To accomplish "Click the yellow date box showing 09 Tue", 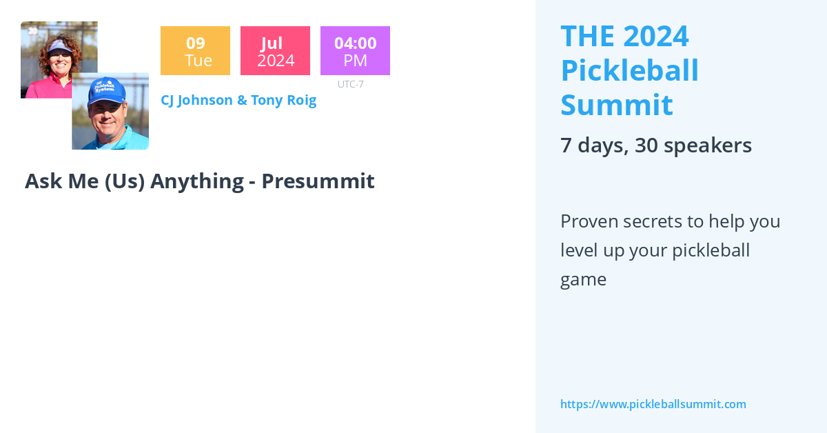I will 195,51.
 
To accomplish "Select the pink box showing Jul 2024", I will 275,51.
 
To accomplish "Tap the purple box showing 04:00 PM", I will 355,51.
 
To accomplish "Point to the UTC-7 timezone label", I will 350,84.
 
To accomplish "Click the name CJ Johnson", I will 196,100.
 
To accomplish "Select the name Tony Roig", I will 283,100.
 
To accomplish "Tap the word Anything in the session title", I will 197,181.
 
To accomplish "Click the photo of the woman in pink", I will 48,59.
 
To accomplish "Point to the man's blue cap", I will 106,90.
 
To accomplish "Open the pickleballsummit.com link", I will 653,405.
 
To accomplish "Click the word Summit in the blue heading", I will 616,105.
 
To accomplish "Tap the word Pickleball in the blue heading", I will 629,70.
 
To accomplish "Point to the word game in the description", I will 583,279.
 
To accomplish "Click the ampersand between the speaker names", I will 242,100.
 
